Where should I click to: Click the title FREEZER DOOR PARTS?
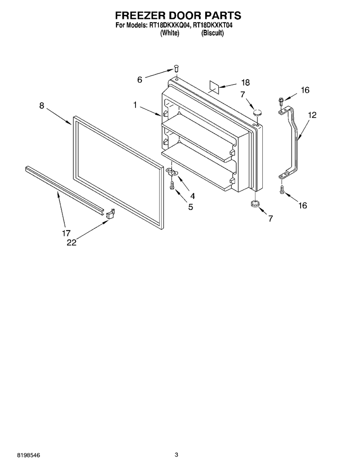pyautogui.click(x=178, y=15)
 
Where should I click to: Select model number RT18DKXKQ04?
pyautogui.click(x=168, y=25)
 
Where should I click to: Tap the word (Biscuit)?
pyautogui.click(x=212, y=33)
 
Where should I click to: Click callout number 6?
pyautogui.click(x=139, y=80)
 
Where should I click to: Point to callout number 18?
pyautogui.click(x=245, y=82)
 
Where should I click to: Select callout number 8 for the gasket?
pyautogui.click(x=42, y=105)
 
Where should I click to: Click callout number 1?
pyautogui.click(x=135, y=105)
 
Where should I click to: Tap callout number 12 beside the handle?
pyautogui.click(x=312, y=115)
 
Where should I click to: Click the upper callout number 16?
pyautogui.click(x=305, y=90)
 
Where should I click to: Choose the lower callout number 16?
pyautogui.click(x=302, y=205)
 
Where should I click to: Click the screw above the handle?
pyautogui.click(x=280, y=101)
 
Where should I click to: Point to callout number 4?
pyautogui.click(x=193, y=196)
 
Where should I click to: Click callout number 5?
pyautogui.click(x=190, y=207)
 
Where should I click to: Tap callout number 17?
pyautogui.click(x=66, y=233)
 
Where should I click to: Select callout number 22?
pyautogui.click(x=72, y=243)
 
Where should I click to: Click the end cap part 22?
pyautogui.click(x=110, y=214)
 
